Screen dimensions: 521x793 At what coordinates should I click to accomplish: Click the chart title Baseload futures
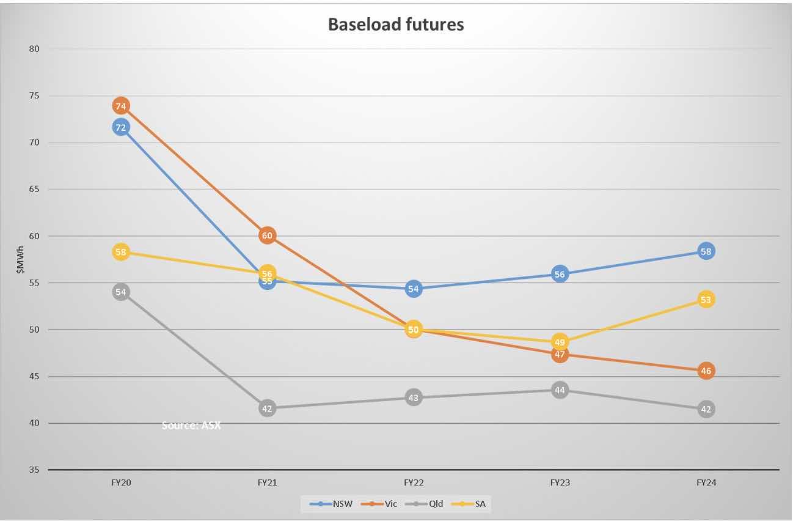point(396,24)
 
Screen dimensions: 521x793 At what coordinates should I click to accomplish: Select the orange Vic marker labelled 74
point(120,106)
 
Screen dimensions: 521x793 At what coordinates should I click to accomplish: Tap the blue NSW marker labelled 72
point(120,127)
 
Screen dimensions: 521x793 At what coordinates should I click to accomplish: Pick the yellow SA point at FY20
point(120,252)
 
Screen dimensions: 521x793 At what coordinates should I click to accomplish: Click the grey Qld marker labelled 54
point(120,292)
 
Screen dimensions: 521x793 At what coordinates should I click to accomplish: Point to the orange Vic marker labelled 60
point(267,235)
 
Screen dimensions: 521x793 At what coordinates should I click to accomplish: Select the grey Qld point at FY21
point(267,408)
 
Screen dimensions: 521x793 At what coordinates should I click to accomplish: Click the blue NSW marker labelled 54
point(414,289)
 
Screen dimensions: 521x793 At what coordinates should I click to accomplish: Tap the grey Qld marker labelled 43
point(414,397)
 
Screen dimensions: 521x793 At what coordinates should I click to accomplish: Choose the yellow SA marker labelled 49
point(560,342)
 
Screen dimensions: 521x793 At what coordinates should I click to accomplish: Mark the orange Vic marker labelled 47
point(560,354)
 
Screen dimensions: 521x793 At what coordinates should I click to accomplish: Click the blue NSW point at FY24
point(706,251)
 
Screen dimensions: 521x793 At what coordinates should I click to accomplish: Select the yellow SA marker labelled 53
point(706,300)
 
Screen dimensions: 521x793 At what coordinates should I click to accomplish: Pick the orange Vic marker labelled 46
point(706,371)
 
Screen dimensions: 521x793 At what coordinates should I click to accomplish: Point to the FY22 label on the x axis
point(414,482)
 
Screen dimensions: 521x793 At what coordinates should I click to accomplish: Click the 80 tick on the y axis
point(34,49)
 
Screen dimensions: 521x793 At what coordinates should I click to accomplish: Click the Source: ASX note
point(191,425)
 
